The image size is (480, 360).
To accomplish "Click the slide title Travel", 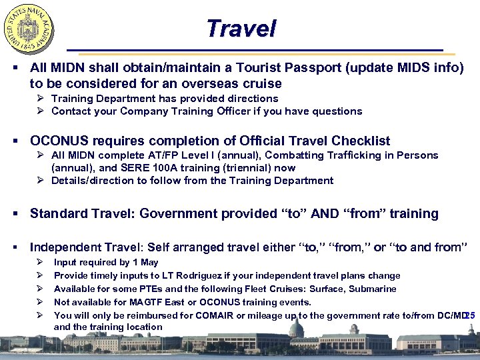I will pyautogui.click(x=241, y=29).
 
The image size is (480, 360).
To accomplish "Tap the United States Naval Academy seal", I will pyautogui.click(x=29, y=29).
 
